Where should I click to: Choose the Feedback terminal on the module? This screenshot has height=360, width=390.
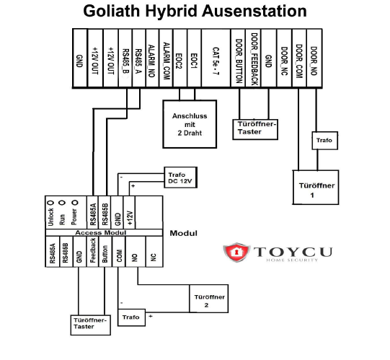point(92,253)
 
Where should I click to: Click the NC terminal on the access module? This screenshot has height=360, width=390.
point(153,253)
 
